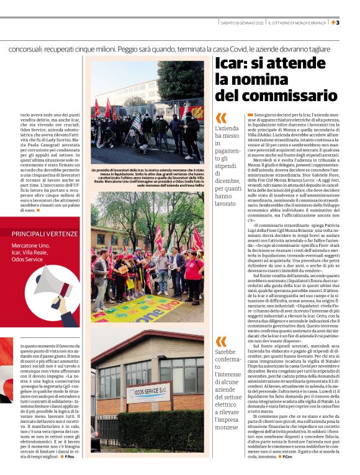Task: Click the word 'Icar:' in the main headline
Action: [233, 64]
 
